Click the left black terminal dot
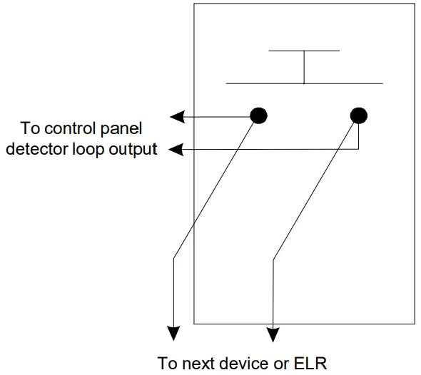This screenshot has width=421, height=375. tap(259, 115)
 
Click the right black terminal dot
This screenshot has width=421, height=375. tap(359, 115)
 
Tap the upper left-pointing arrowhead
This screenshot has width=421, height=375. tap(176, 115)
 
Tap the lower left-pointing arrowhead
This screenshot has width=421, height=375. tap(176, 150)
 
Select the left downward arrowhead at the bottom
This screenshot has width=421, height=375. tap(173, 334)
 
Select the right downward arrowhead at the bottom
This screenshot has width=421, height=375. tap(273, 334)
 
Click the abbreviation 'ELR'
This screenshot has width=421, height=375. tap(311, 363)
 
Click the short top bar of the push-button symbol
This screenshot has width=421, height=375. tap(304, 51)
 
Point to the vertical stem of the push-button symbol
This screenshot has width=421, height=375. tap(304, 67)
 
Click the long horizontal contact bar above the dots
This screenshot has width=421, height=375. tap(304, 83)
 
